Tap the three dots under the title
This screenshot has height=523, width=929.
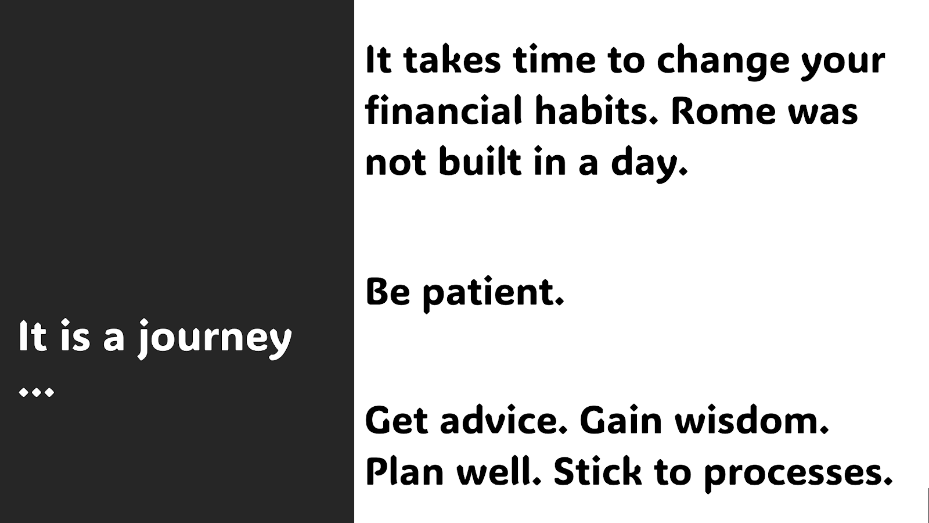click(x=37, y=392)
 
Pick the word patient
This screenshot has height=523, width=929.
click(x=493, y=293)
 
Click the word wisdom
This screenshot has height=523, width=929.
click(x=751, y=420)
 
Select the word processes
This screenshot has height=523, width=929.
click(x=798, y=474)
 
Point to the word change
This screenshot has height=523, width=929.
click(x=722, y=62)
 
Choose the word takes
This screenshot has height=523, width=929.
click(x=452, y=60)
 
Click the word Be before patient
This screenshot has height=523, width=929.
click(x=388, y=292)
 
